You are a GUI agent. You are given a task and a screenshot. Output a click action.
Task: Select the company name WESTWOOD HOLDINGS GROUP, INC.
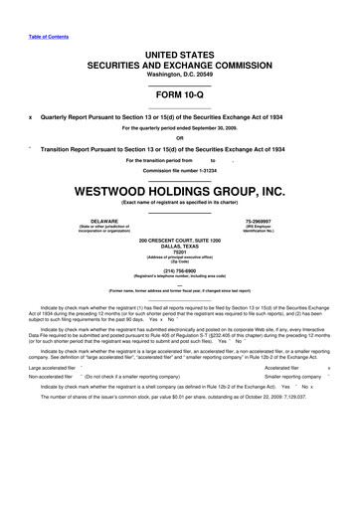point(180,189)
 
